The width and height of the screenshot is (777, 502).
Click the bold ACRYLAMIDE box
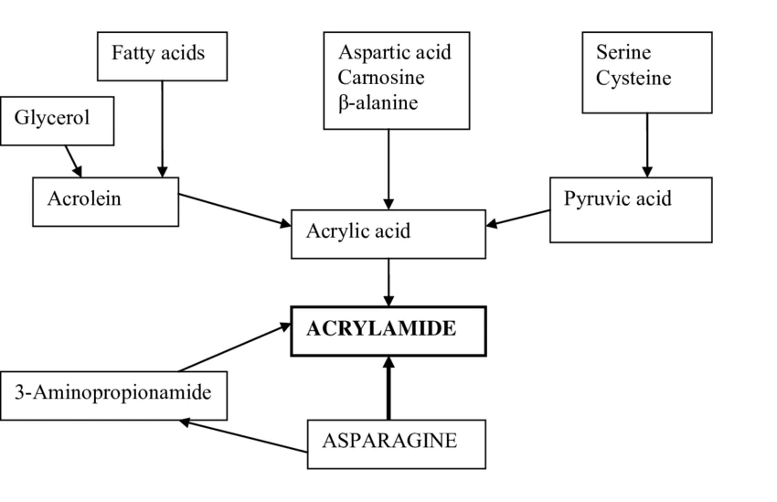[x=388, y=330]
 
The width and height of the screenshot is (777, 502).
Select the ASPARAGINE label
[x=388, y=440]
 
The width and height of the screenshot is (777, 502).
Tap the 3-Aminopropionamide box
[x=113, y=395]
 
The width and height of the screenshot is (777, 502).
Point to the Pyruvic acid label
[x=617, y=198]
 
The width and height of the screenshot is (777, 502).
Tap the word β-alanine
[x=378, y=102]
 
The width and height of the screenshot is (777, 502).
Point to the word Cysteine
[x=633, y=79]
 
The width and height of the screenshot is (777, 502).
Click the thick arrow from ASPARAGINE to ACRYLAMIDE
[x=388, y=388]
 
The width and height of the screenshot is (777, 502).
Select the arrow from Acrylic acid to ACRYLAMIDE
[x=388, y=282]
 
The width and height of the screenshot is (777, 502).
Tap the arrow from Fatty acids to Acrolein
[x=163, y=128]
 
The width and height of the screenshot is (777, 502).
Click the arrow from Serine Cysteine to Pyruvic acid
[x=647, y=144]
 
